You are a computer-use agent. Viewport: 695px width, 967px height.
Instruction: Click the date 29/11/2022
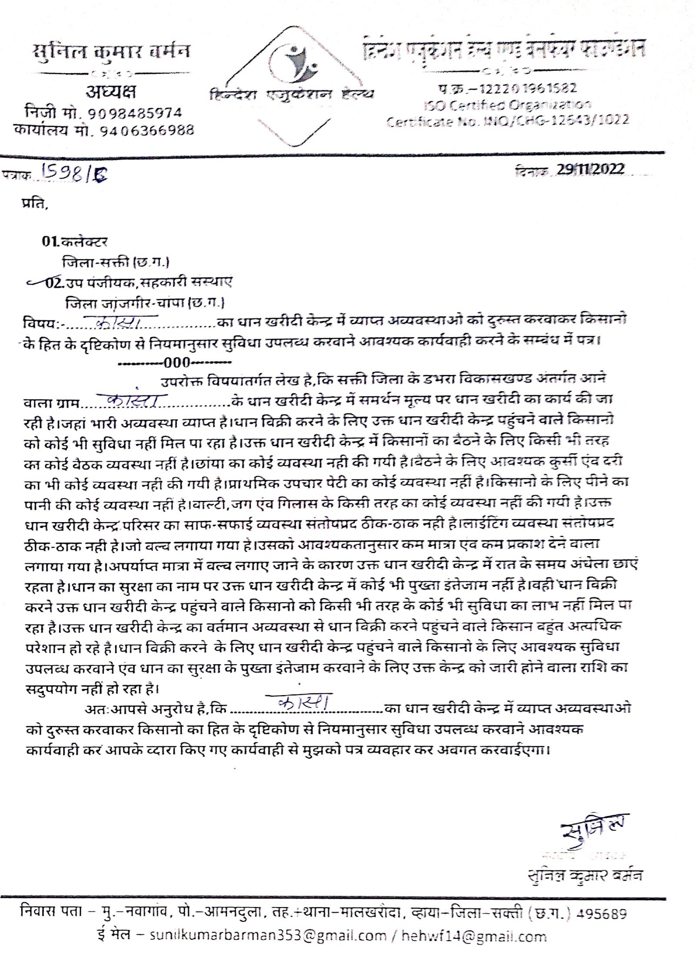click(x=591, y=169)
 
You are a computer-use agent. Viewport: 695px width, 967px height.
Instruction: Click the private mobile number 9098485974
click(x=135, y=113)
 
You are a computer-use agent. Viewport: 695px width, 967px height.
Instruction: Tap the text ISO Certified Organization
click(x=507, y=105)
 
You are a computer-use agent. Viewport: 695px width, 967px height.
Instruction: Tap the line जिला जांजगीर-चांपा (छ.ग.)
click(x=145, y=303)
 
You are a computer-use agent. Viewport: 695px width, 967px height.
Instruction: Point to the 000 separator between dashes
click(x=176, y=362)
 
